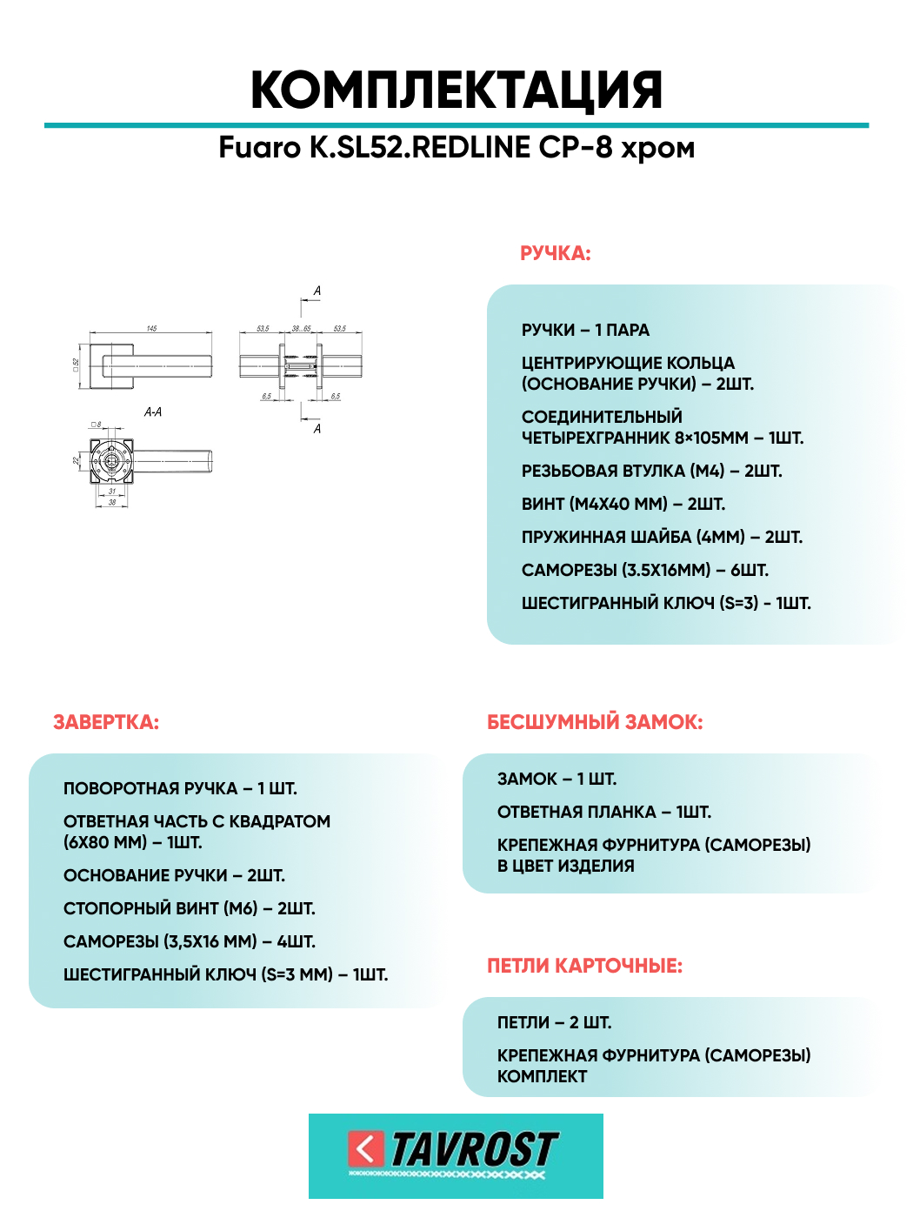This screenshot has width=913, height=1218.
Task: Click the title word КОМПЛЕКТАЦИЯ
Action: point(456,90)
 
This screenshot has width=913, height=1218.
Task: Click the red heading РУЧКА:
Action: point(555,254)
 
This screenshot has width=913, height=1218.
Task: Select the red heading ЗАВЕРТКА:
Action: point(106,723)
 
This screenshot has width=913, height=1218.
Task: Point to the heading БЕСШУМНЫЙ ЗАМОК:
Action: point(595,723)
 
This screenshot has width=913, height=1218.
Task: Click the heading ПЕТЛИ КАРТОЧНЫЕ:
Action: point(584,967)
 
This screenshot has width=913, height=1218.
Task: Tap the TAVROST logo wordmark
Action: point(474,1150)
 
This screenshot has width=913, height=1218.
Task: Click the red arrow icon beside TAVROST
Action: point(366,1149)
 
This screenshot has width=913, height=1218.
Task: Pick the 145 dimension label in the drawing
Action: point(151,329)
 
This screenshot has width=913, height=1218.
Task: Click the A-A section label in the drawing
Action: point(153,412)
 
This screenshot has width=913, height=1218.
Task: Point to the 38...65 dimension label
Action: point(301,329)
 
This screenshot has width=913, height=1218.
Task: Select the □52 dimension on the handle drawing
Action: point(77,364)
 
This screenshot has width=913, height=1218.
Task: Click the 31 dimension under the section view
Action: point(111,492)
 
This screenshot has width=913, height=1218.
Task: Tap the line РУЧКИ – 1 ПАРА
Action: point(585,331)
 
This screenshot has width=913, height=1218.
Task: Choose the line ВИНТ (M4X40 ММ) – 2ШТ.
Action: point(623,505)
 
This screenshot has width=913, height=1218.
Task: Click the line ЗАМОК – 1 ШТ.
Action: point(556,780)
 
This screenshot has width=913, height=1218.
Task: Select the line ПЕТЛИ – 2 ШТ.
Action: point(554,1023)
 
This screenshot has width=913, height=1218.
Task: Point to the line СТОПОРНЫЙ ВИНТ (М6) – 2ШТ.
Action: point(189,909)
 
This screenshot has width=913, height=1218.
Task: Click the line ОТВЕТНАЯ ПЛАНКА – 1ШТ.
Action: point(603,813)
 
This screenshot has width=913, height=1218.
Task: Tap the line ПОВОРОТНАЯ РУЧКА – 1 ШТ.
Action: point(180,789)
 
